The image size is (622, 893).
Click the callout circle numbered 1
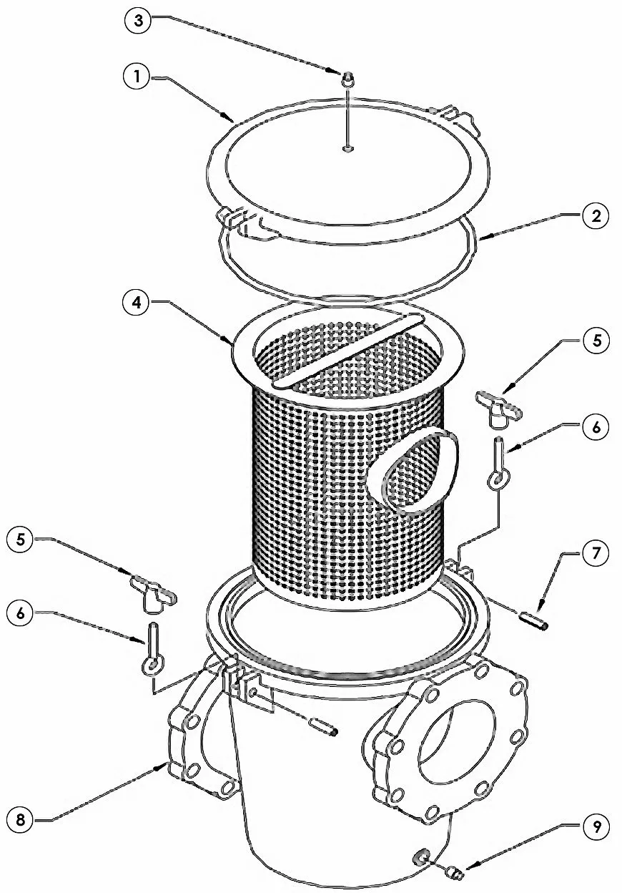137,77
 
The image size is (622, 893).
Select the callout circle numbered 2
596,217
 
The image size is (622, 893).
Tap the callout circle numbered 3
138,20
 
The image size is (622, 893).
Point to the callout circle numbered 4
137,303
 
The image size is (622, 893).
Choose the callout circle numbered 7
596,554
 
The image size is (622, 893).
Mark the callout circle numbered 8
21,819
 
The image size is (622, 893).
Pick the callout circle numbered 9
596,827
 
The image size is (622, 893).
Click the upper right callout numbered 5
596,341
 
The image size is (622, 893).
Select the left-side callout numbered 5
21,540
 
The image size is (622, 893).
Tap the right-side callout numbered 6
596,427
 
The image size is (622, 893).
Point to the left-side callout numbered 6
21,613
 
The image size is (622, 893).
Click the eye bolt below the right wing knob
499,464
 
